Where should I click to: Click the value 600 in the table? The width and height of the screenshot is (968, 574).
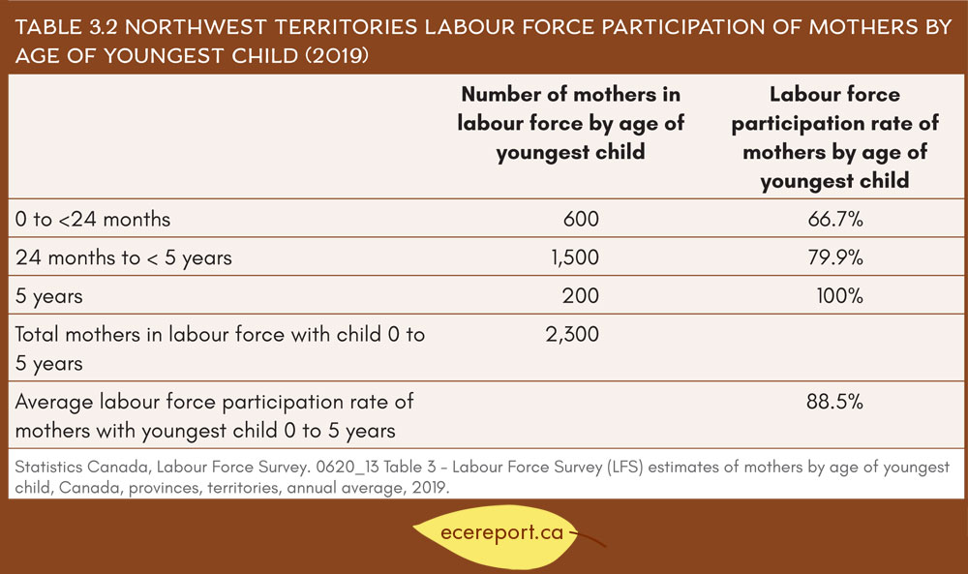580,219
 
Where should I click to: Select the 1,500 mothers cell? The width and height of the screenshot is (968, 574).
575,257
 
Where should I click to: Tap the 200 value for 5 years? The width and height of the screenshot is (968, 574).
580,295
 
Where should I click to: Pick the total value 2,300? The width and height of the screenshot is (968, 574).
572,335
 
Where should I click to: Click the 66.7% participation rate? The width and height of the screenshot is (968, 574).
835,219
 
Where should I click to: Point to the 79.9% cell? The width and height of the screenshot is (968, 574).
835,257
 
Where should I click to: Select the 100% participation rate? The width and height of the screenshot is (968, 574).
839,295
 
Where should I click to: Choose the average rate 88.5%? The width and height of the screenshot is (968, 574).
834,402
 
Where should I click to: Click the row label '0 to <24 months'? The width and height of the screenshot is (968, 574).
93,219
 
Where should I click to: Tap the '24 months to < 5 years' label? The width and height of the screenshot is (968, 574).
124,258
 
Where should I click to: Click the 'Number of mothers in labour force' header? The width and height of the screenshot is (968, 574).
570,123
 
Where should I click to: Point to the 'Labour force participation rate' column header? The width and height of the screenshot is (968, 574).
834,137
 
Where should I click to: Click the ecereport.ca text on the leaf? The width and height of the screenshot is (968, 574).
501,532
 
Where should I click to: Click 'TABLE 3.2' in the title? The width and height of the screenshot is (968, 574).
66,27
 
